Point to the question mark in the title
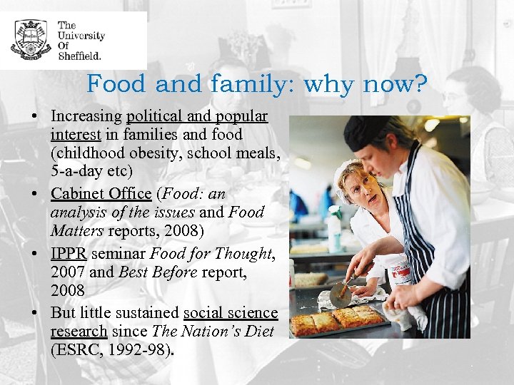421,85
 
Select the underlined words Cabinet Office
101,193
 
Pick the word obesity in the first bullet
158,153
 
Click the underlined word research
79,331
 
